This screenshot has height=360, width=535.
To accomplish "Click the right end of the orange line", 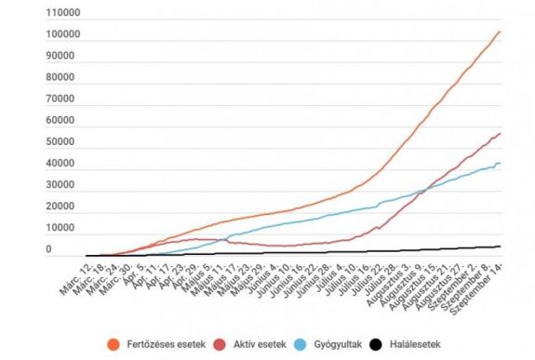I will (x=501, y=32).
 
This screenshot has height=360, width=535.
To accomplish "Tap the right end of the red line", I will (x=501, y=133).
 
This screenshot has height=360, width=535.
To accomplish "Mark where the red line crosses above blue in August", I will (x=421, y=191).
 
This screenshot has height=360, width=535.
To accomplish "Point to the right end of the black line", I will (x=501, y=247).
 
